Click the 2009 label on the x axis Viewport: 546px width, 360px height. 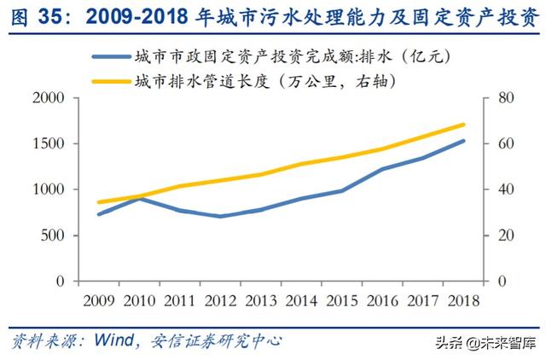point(99,300)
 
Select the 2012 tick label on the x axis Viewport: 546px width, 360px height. point(222,300)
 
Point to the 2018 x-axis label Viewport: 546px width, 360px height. point(463,300)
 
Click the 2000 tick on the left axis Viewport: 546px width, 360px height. point(49,98)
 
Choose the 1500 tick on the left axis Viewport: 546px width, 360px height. point(49,144)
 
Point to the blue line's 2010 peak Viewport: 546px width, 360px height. point(140,198)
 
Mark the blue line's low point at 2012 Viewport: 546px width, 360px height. point(222,216)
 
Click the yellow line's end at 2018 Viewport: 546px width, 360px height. point(463,125)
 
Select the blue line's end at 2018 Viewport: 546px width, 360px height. point(463,141)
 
